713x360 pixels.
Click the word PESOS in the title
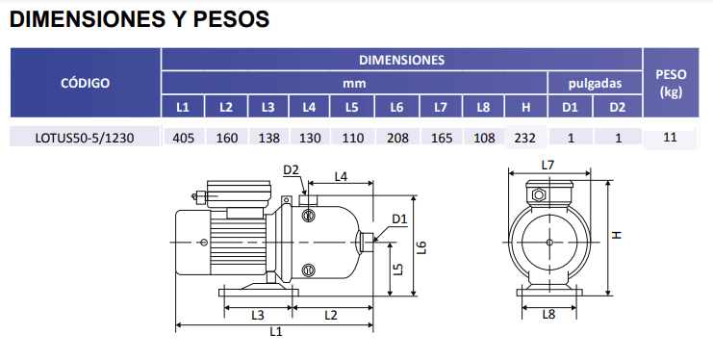pyautogui.click(x=232, y=19)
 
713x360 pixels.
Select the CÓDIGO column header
pyautogui.click(x=85, y=83)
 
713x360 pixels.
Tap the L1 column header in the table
pyautogui.click(x=183, y=107)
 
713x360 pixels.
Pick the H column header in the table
pyautogui.click(x=525, y=107)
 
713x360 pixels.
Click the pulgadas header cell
pyautogui.click(x=595, y=84)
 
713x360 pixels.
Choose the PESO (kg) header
pyautogui.click(x=671, y=83)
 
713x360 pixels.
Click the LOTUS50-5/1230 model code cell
pyautogui.click(x=85, y=138)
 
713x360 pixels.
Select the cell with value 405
pyautogui.click(x=183, y=138)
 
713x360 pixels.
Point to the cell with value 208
pyautogui.click(x=397, y=138)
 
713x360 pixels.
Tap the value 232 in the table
pyautogui.click(x=524, y=138)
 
